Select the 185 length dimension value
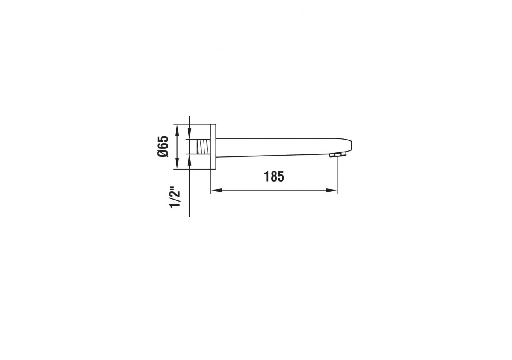coord(274,176)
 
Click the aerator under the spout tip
coord(336,154)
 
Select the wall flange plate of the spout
coord(213,146)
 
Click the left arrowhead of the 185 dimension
coord(214,190)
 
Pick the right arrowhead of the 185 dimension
coord(334,190)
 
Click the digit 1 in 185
coord(267,176)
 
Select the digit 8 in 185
coord(274,176)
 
